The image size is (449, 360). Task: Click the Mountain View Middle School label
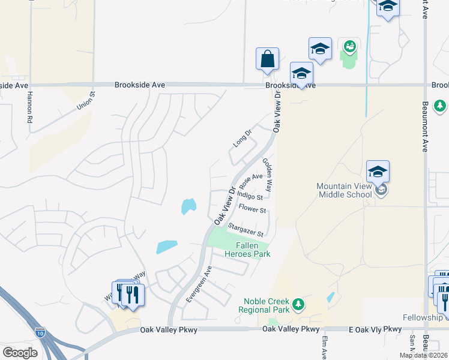(x=344, y=190)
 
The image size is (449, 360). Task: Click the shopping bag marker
(x=267, y=59)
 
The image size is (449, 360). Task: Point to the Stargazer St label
(x=246, y=229)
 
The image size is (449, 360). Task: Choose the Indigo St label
(x=250, y=196)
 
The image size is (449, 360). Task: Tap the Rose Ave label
(x=251, y=181)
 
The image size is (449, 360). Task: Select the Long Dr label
(x=242, y=138)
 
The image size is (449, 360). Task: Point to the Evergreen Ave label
(x=199, y=284)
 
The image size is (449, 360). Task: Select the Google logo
(x=20, y=353)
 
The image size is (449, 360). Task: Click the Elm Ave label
(x=324, y=347)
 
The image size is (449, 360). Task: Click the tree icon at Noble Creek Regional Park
(x=297, y=308)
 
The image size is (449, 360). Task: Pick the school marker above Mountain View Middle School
(x=378, y=172)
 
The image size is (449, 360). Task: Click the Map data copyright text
(x=423, y=355)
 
